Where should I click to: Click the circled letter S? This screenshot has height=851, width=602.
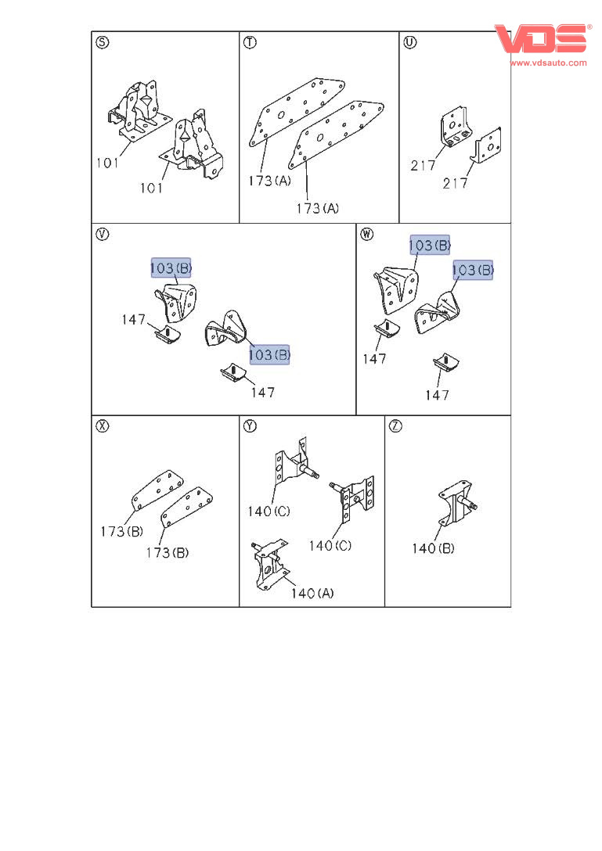click(102, 42)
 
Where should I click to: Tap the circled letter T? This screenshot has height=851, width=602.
click(250, 42)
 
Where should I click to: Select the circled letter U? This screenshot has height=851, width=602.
click(410, 41)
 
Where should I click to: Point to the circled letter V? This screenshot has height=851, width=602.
click(102, 234)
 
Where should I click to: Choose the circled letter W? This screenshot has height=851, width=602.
click(367, 234)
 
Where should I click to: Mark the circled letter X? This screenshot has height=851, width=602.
click(102, 426)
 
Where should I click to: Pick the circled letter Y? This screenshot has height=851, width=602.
click(250, 426)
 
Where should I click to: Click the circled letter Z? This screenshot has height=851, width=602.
click(395, 426)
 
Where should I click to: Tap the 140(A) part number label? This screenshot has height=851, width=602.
click(312, 593)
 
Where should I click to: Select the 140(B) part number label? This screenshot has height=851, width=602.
click(433, 548)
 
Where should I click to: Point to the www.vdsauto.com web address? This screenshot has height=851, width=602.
click(548, 63)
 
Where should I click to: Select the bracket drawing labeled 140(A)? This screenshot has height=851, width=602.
click(269, 565)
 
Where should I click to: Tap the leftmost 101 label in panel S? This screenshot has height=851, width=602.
click(107, 163)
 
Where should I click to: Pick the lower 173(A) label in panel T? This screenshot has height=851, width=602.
click(317, 208)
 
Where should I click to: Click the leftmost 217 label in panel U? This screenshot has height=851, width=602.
click(423, 165)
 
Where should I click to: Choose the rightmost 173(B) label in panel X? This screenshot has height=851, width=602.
click(168, 552)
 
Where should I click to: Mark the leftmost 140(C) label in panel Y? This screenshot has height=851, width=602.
click(269, 512)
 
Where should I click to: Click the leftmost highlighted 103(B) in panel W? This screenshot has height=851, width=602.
click(430, 246)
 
